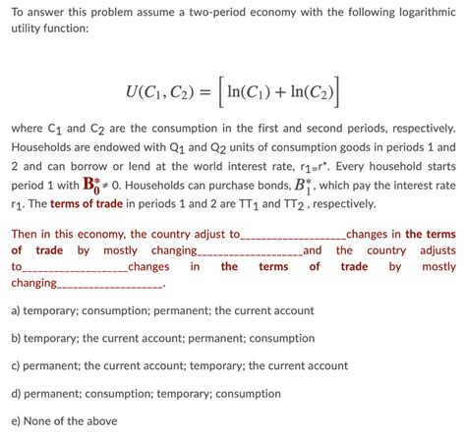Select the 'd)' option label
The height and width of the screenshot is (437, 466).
coord(17,394)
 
